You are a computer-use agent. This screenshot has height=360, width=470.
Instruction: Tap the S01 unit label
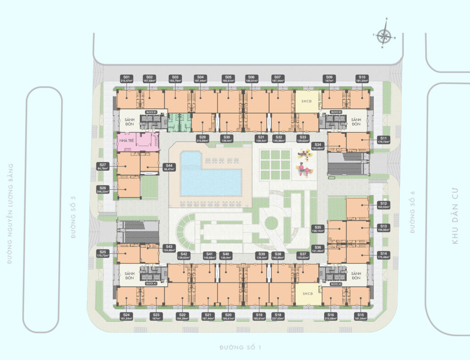pos(126,79)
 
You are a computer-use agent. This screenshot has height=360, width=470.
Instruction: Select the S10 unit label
pos(362,79)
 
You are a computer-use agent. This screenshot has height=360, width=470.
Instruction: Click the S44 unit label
pos(169,167)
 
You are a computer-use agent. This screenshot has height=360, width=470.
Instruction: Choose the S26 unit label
pos(104,189)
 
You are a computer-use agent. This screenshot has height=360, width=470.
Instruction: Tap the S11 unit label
pos(384,140)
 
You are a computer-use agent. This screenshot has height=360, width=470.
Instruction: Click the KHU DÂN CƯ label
pos(455,218)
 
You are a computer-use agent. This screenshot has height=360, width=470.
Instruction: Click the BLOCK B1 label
pos(151,112)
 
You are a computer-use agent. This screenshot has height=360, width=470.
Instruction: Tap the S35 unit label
pos(318,229)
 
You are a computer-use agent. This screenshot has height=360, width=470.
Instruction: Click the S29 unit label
pos(202,139)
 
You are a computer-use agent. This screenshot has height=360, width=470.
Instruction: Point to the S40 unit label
pos(226,256)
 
